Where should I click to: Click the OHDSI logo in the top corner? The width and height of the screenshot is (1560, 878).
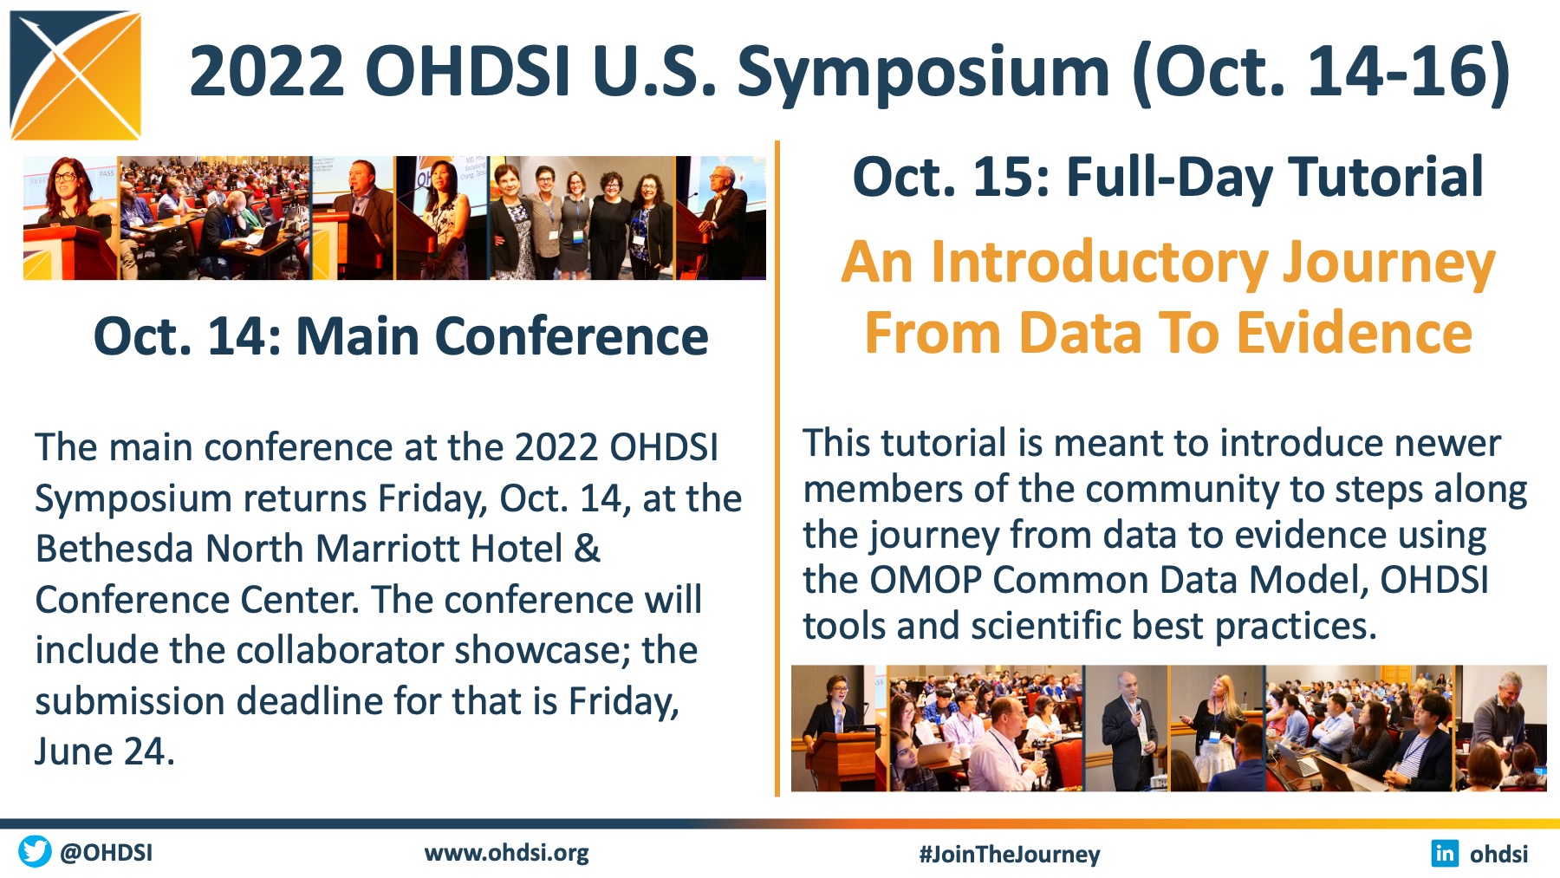point(75,75)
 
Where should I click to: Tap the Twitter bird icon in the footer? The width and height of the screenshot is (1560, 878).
point(35,851)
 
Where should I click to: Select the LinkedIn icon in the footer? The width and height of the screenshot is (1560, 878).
point(1445,854)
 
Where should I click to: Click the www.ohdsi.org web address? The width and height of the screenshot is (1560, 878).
point(507,853)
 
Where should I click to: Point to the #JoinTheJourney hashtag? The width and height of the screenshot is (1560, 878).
point(1010,855)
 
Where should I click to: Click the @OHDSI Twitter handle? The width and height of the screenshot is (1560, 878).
point(107,852)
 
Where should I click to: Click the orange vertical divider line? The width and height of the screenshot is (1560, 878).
point(777,468)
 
